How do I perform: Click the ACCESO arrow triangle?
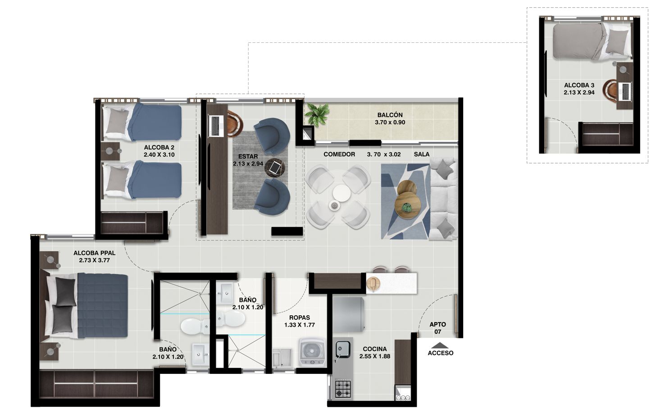coord(440,345)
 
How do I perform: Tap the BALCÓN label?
coord(390,115)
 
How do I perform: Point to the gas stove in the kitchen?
coord(343,389)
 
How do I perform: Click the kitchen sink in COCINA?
coord(343,348)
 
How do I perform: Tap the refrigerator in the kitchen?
coord(349,314)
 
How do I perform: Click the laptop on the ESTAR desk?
coord(216,127)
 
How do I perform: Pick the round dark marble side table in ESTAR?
coord(275,167)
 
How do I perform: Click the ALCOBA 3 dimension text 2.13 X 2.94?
coord(579,92)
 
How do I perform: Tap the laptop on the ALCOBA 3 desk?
coord(626,92)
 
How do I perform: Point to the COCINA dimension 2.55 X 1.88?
coord(375,356)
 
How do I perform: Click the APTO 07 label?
coord(437,328)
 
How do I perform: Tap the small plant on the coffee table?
coord(407,208)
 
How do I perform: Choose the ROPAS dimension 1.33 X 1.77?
coord(299,325)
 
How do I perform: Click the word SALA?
coord(422,154)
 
